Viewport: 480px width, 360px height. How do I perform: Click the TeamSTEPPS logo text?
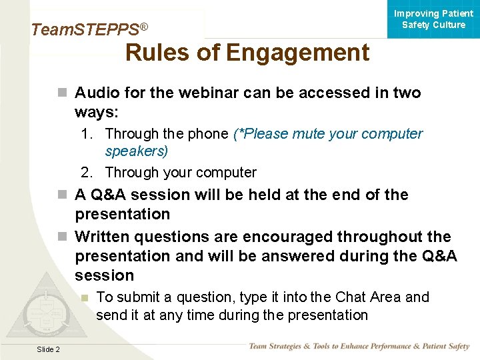89,29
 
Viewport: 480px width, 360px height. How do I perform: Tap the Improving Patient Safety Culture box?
433,19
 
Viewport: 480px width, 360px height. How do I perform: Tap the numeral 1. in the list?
87,134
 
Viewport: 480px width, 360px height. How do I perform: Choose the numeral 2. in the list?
87,173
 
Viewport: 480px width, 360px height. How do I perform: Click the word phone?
207,134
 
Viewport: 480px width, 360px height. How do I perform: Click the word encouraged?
288,237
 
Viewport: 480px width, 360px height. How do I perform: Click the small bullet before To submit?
84,297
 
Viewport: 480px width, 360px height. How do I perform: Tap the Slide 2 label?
48,349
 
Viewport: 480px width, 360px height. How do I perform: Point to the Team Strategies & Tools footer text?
359,347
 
